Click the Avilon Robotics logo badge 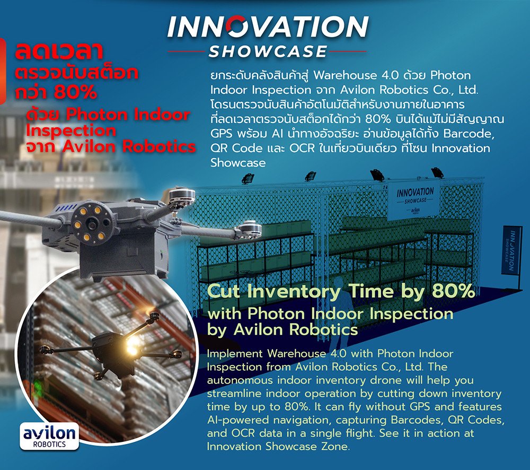[x=49, y=437]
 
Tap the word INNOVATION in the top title [x=268, y=27]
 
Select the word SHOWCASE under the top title [x=268, y=51]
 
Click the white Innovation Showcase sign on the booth [x=414, y=200]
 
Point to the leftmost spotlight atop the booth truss [x=248, y=178]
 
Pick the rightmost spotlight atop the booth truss [x=437, y=172]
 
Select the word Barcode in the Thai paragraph [x=469, y=133]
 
